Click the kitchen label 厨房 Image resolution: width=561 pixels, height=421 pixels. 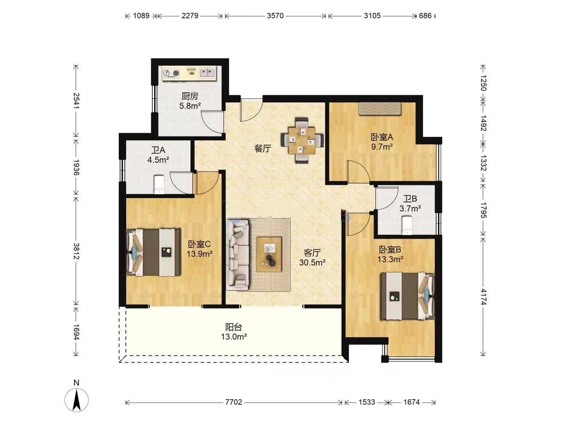click(x=190, y=96)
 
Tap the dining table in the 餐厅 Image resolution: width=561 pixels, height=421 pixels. click(x=302, y=141)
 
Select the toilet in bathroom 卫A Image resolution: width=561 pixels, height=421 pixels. click(x=159, y=184)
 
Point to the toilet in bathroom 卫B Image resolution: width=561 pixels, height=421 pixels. click(x=407, y=225)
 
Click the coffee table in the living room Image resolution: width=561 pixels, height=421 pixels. click(x=269, y=254)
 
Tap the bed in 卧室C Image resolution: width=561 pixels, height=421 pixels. click(x=153, y=252)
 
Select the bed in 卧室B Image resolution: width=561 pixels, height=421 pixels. click(x=408, y=296)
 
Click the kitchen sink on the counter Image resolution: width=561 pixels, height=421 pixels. click(x=207, y=73)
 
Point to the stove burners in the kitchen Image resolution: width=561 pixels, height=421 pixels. click(x=171, y=73)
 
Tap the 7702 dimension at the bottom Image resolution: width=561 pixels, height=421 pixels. click(x=234, y=402)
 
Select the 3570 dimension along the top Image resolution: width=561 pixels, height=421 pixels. click(x=275, y=16)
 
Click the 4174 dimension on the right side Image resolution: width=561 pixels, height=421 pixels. click(x=483, y=297)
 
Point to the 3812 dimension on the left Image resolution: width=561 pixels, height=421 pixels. click(x=76, y=251)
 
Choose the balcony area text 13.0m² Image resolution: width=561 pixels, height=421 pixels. click(x=234, y=337)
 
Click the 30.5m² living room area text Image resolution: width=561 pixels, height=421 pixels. click(x=312, y=262)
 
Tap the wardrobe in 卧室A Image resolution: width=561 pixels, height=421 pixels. click(x=379, y=108)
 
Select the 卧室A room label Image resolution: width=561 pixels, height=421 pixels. click(x=382, y=137)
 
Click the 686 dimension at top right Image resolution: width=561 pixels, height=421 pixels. click(x=425, y=16)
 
